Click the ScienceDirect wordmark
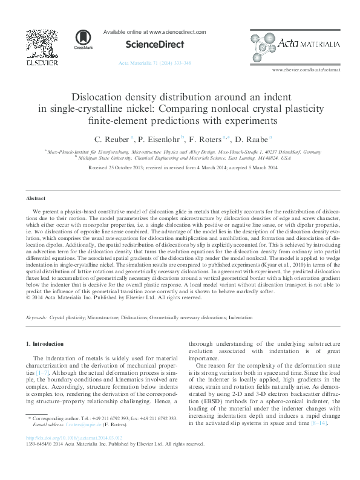click(x=154, y=44)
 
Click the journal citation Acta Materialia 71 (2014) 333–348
click(x=155, y=63)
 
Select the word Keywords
click(x=37, y=317)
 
